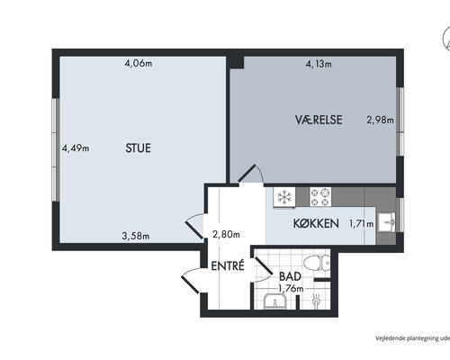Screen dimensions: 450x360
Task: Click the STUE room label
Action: tap(138, 148)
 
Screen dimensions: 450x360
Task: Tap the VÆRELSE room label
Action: tap(319, 120)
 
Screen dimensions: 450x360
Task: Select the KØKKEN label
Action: tap(316, 223)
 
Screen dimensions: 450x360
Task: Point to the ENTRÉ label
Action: tap(228, 265)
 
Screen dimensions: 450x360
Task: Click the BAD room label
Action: tap(290, 276)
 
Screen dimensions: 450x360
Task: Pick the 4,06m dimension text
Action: tap(139, 63)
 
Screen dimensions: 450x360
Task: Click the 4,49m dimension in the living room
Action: tap(76, 148)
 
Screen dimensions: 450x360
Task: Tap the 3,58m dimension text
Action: tap(136, 236)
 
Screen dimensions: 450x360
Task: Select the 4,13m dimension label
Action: tap(319, 64)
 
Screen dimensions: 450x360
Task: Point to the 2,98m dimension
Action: tap(381, 120)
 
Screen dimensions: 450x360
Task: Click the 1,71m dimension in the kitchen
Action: tap(362, 224)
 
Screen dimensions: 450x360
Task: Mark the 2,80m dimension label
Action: tap(226, 234)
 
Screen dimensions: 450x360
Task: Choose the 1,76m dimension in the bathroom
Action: tap(291, 289)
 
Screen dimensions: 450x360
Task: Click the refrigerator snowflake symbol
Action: tap(284, 197)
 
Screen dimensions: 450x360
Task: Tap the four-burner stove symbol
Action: tap(320, 197)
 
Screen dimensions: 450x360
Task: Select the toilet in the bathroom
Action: tap(317, 264)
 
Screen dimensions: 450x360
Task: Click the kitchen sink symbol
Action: tap(387, 222)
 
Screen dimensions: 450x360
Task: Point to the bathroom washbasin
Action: tap(275, 301)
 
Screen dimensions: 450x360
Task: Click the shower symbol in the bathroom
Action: tap(316, 300)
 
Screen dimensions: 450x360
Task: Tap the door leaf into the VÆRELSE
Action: tap(247, 173)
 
